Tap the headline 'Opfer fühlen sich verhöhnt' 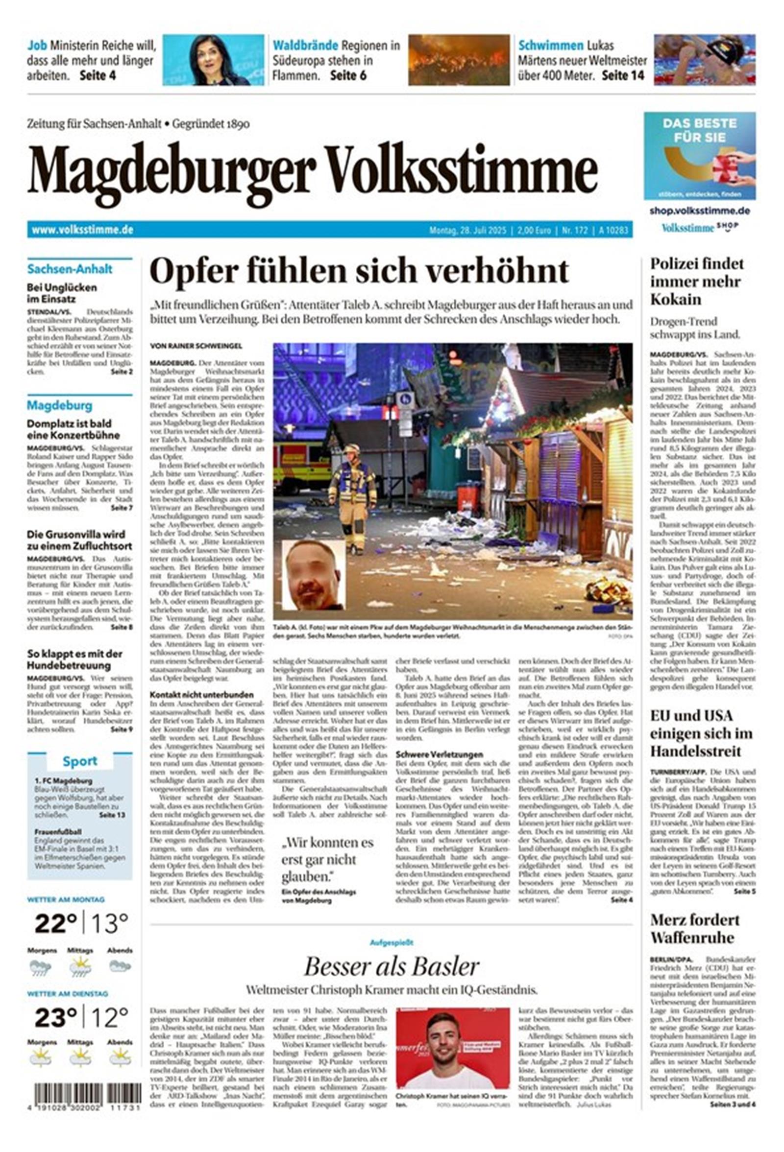pyautogui.click(x=359, y=271)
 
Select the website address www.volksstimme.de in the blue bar pyautogui.click(x=82, y=230)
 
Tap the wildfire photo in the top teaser pyautogui.click(x=459, y=60)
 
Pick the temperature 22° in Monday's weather pyautogui.click(x=55, y=923)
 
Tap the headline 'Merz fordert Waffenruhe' pyautogui.click(x=694, y=929)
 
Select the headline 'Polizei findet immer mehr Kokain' pyautogui.click(x=697, y=282)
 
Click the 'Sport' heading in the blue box pyautogui.click(x=80, y=761)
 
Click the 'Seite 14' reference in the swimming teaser pyautogui.click(x=623, y=75)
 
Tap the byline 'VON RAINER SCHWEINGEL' pyautogui.click(x=196, y=346)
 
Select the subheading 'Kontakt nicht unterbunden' pyautogui.click(x=201, y=694)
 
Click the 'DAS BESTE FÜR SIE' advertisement pyautogui.click(x=699, y=156)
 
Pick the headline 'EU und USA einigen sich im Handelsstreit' pyautogui.click(x=701, y=733)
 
